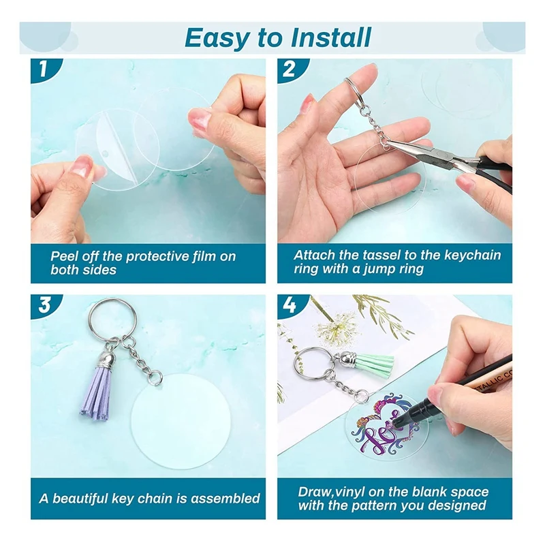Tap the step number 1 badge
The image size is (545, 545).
pos(44,69)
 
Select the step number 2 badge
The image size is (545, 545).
pos(290,69)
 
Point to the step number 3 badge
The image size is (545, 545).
pos(44,306)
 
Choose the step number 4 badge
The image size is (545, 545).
pos(290,306)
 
